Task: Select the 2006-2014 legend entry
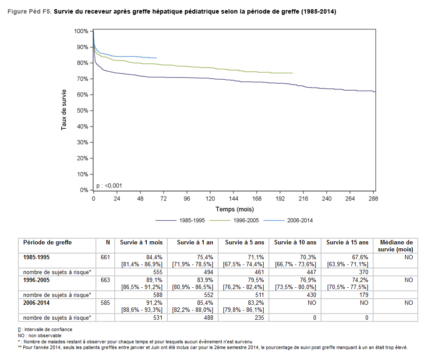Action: tap(299, 220)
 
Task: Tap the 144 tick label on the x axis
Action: tap(233, 198)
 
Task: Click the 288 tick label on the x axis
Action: tap(373, 198)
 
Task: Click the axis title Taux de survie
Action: tap(64, 109)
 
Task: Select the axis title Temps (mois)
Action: tap(234, 209)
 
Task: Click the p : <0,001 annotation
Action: tap(109, 186)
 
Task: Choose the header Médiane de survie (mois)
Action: tap(396, 246)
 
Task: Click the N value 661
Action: tap(105, 257)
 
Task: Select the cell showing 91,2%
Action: tap(155, 303)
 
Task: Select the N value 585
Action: tap(105, 303)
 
